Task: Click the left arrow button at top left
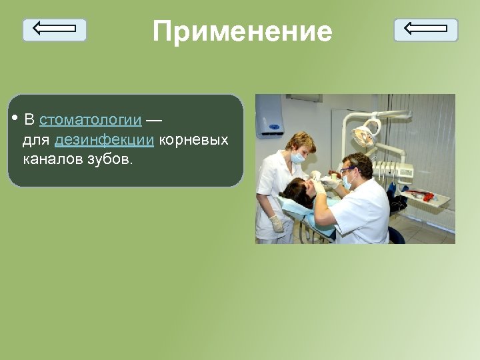coord(55,29)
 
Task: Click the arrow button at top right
coord(425,29)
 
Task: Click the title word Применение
coord(242,31)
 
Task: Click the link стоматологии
coord(91,120)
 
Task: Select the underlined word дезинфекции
coord(105,140)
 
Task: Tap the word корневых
coord(193,140)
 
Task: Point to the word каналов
coord(53,160)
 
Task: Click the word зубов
coord(110,160)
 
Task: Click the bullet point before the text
coord(15,119)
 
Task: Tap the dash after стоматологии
coord(153,120)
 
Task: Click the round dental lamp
coord(363,136)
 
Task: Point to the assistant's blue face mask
coord(298,158)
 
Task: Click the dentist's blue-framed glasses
coord(347,171)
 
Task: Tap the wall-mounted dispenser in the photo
coord(270,115)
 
